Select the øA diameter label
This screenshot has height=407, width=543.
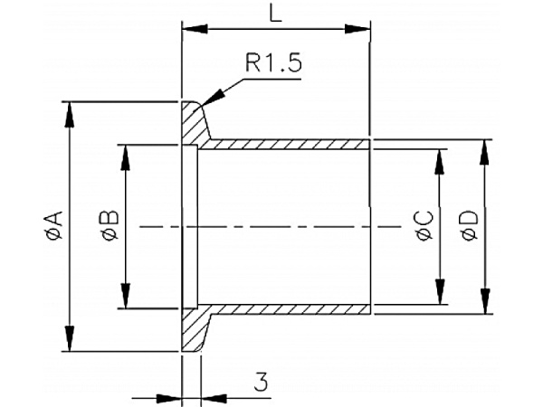53,225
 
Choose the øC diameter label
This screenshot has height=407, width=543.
423,225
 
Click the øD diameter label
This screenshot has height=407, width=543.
469,225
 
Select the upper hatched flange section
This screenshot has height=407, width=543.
193,122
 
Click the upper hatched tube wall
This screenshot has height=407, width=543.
290,144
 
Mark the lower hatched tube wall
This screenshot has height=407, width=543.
290,308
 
